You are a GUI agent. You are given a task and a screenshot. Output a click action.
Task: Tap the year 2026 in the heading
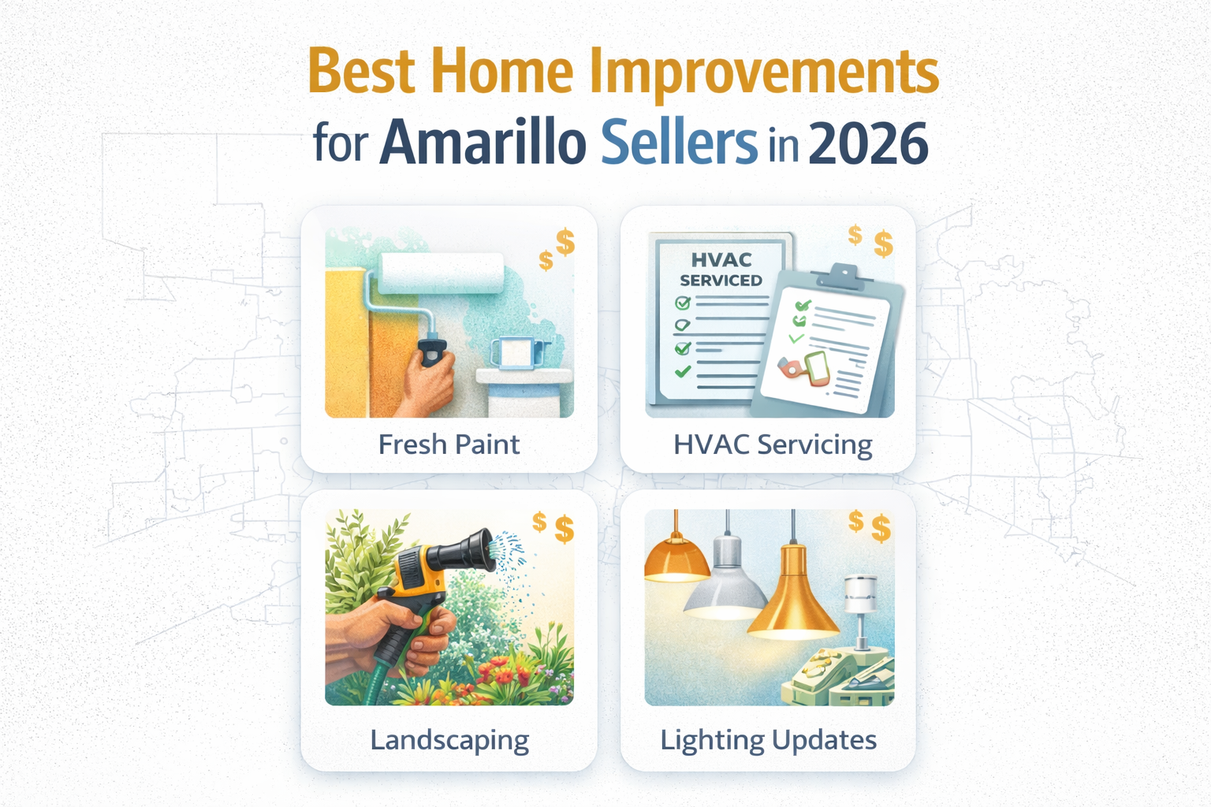point(868,143)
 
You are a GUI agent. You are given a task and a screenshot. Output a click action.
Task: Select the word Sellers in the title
point(679,143)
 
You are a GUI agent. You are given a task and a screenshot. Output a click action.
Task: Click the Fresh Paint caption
point(449,444)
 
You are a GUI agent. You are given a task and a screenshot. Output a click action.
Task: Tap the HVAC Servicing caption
point(773,444)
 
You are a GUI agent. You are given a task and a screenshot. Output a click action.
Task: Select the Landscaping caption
point(449,740)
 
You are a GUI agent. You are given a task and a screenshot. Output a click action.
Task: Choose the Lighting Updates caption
point(769,740)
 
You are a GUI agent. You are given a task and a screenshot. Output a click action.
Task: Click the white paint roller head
point(442,273)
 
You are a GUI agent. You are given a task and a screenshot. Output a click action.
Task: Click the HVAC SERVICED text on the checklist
point(721,270)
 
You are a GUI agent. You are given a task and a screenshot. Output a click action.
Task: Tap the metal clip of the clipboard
point(843,276)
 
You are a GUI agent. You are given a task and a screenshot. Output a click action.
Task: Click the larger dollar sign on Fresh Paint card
point(565,242)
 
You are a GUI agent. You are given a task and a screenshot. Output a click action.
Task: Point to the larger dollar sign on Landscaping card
point(565,529)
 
